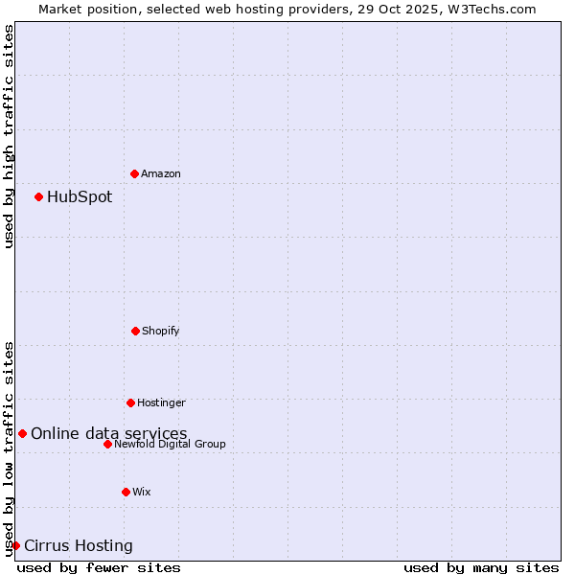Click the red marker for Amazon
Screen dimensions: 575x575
click(134, 173)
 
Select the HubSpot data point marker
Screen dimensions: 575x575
click(38, 196)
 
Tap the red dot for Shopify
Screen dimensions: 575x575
click(135, 331)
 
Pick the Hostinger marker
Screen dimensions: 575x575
click(130, 402)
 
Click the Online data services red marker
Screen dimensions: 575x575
click(22, 433)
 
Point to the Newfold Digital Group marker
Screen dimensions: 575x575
click(107, 444)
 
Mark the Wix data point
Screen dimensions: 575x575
click(126, 492)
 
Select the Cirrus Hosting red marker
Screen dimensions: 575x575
click(15, 545)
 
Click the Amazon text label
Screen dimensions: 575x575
click(161, 173)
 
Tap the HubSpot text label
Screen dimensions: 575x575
click(80, 196)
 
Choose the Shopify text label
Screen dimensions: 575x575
click(161, 331)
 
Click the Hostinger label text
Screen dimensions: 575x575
click(161, 402)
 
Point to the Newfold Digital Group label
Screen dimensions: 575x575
click(171, 444)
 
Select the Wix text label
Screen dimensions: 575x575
click(142, 492)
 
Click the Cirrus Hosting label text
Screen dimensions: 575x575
click(79, 545)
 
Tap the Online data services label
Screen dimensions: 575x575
click(109, 433)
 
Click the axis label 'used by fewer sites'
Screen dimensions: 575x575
click(99, 567)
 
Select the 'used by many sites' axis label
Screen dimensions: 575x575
click(481, 567)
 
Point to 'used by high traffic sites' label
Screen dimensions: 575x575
click(9, 136)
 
